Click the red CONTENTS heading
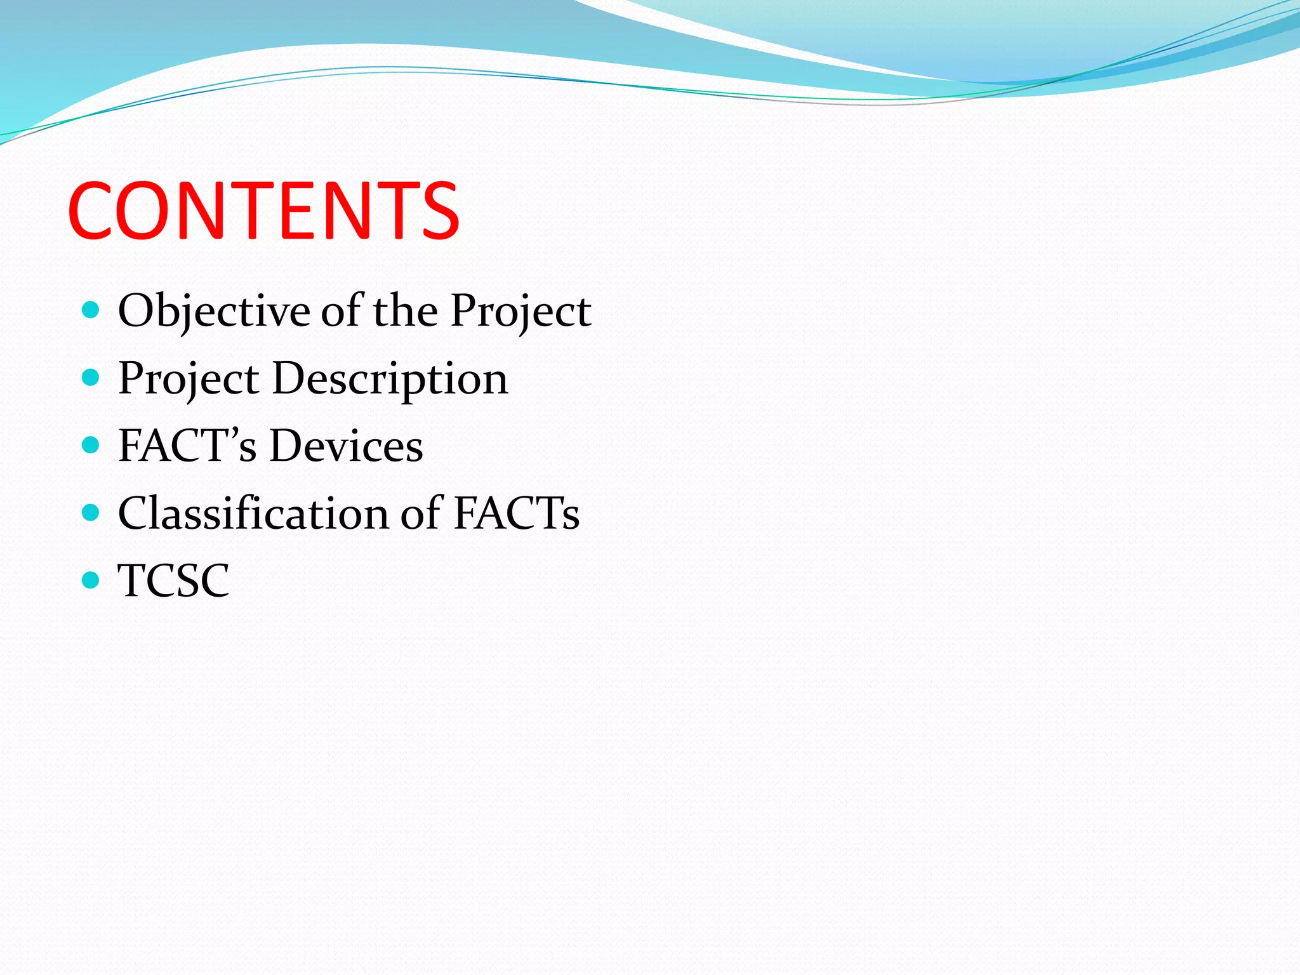coord(263,211)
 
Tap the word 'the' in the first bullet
coord(405,311)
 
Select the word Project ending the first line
coord(521,311)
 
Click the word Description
coord(390,379)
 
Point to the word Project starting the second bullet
coord(189,379)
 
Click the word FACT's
coord(187,446)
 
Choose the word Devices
coord(346,446)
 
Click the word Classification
coord(253,513)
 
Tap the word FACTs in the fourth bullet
coord(516,513)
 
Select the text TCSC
coord(173,580)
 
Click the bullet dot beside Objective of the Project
coord(91,310)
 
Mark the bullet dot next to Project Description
coord(91,378)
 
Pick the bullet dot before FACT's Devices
coord(91,444)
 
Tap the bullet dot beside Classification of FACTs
coord(91,512)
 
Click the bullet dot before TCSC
coord(91,580)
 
